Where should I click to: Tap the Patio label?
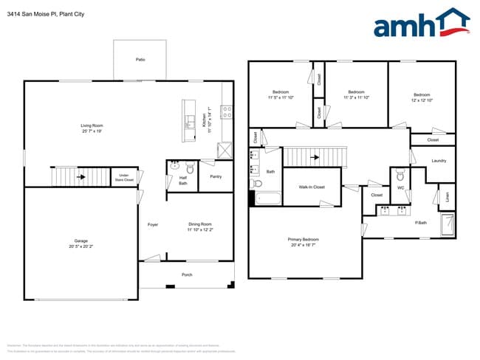140,58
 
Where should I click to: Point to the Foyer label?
153,224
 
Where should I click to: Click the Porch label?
188,274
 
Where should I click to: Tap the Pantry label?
216,177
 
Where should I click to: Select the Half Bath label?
183,181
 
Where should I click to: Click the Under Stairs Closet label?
124,178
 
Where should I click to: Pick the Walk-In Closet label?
312,187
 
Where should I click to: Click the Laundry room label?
439,161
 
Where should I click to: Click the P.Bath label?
422,223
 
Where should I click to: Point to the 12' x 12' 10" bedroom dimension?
422,100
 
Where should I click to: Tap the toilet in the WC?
400,176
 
